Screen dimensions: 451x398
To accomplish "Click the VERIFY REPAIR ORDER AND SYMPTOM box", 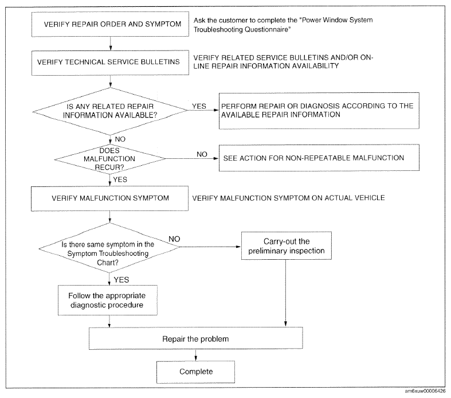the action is click(x=110, y=24).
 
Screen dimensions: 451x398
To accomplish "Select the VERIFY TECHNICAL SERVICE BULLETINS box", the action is click(x=110, y=63).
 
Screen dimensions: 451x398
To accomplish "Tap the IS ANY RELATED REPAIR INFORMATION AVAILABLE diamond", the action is click(x=110, y=111).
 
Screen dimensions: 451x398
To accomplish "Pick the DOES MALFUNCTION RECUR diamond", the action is click(x=110, y=159).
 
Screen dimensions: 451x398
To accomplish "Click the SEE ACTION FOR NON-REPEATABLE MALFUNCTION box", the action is click(x=319, y=158).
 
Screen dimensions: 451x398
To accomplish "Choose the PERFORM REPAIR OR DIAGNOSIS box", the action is click(x=319, y=111).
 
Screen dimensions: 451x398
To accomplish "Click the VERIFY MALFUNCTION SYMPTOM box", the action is click(x=109, y=198).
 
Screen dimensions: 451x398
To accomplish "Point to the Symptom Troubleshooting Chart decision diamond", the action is click(x=109, y=248).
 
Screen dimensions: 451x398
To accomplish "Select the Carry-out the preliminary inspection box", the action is click(x=286, y=246).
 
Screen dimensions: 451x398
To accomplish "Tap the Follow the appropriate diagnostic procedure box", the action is click(x=108, y=300).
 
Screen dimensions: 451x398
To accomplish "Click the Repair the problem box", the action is click(x=195, y=338).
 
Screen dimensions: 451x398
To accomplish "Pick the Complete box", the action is click(x=195, y=372).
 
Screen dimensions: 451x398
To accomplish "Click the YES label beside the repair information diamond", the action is click(x=199, y=106).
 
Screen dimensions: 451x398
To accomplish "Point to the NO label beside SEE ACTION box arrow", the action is click(x=202, y=154).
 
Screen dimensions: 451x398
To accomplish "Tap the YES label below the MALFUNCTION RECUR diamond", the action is click(x=120, y=180).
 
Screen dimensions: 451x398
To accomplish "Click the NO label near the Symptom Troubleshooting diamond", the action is click(x=174, y=239).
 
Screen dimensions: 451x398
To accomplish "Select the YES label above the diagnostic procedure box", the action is click(x=121, y=280).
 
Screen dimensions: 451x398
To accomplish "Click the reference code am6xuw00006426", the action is click(x=425, y=391).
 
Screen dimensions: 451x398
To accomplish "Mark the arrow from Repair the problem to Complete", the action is click(x=195, y=355).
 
